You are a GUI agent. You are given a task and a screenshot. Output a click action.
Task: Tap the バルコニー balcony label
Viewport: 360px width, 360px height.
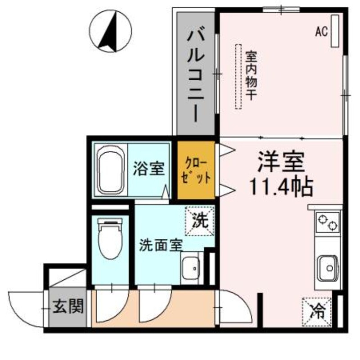click(x=196, y=74)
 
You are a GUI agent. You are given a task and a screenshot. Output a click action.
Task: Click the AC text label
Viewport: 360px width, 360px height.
click(x=321, y=31)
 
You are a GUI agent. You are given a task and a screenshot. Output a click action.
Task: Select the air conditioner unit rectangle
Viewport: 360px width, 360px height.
click(x=335, y=31)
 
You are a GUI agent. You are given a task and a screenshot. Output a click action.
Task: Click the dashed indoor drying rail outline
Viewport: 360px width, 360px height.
click(x=238, y=76)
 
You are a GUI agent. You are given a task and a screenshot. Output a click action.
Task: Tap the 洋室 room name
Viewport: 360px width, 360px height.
click(x=281, y=161)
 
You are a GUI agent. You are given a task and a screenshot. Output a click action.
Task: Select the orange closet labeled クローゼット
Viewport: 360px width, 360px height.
click(x=194, y=170)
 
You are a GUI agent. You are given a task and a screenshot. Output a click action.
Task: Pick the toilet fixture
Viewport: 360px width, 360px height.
click(x=110, y=238)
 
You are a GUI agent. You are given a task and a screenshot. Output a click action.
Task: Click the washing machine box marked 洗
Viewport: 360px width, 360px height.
click(x=199, y=220)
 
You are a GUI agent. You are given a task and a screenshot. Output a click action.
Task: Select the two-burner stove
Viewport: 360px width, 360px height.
click(x=328, y=222)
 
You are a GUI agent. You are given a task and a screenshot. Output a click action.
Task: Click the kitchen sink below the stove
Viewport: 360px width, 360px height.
click(x=328, y=266)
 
